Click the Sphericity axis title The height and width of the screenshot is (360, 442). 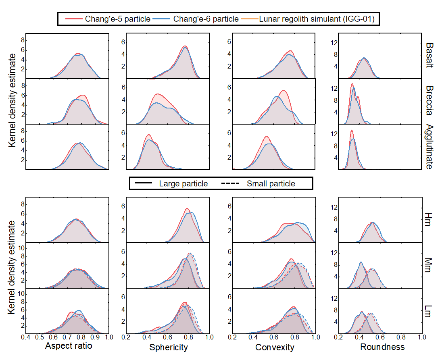tap(168, 347)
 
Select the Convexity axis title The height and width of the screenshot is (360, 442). tap(275, 347)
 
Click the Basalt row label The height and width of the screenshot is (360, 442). tap(430, 56)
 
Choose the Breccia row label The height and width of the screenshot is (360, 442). tap(430, 101)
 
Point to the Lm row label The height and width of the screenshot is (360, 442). tap(430, 311)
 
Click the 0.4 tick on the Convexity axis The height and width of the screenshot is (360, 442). tap(253, 337)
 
